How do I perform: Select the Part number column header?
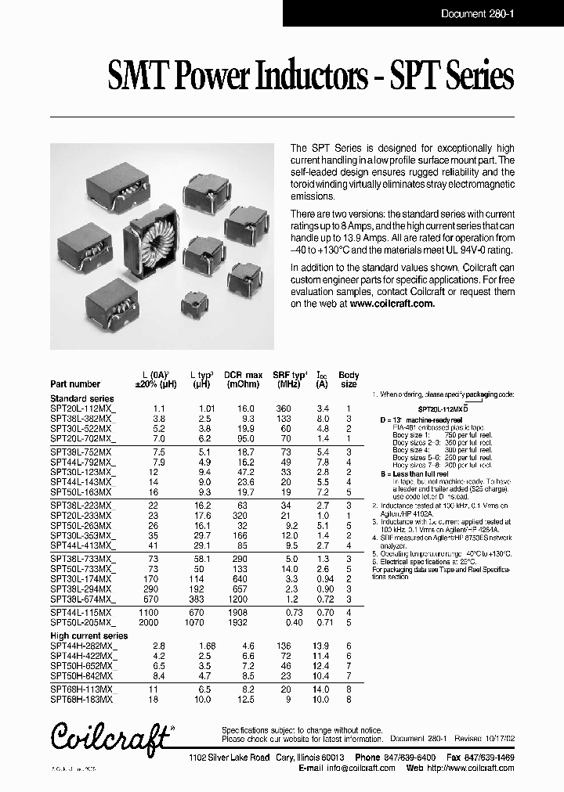coord(75,384)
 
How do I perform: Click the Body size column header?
coord(349,380)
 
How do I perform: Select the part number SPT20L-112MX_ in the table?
coord(82,409)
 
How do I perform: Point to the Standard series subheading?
coord(81,399)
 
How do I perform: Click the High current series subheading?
coord(89,636)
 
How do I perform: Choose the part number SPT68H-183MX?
coord(81,698)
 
